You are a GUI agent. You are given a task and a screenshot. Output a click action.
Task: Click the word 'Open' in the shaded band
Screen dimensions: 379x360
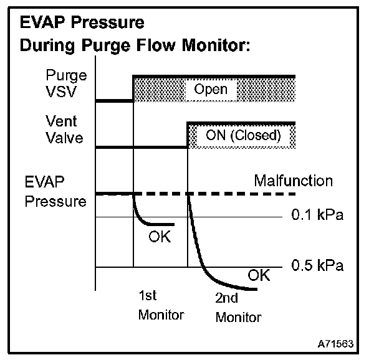[x=211, y=90]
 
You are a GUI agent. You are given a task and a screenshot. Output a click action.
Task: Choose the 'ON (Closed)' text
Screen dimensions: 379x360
[x=242, y=135]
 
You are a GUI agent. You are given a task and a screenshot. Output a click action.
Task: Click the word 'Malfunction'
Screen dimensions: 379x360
[x=293, y=181]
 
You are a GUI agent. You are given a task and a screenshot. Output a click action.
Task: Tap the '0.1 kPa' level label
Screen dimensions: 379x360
[x=317, y=216]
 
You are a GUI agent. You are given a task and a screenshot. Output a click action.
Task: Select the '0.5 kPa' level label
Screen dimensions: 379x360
[x=317, y=266]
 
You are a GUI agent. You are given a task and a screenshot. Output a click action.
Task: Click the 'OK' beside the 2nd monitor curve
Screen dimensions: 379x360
[x=259, y=275]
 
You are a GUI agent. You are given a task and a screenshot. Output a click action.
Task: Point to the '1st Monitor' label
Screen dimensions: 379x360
[x=161, y=305]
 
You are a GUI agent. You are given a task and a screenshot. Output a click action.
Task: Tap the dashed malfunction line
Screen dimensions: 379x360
[x=237, y=194]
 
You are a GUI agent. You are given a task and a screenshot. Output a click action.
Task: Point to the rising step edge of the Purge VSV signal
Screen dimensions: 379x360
[x=133, y=88]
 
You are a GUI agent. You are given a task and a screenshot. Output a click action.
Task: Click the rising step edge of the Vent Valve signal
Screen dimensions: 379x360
[x=188, y=135]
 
